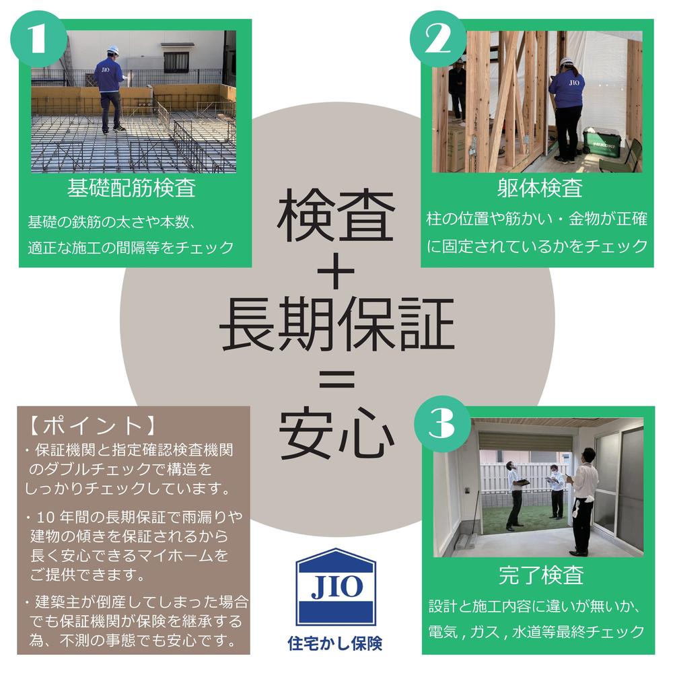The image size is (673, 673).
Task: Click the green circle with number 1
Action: click(x=38, y=39)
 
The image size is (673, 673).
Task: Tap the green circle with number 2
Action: click(x=438, y=39)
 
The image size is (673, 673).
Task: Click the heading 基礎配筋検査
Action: click(x=132, y=188)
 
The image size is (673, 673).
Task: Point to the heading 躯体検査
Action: click(x=540, y=188)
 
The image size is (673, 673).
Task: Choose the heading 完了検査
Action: click(x=541, y=575)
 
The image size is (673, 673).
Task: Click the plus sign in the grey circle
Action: click(x=336, y=271)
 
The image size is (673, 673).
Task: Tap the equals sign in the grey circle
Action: click(x=337, y=378)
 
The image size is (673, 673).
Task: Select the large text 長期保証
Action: click(x=336, y=324)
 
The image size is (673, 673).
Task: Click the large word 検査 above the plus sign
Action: click(x=336, y=215)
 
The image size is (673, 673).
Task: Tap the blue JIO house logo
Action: click(x=336, y=586)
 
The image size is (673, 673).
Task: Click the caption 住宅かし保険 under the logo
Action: click(x=335, y=643)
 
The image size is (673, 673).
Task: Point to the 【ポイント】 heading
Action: click(x=91, y=426)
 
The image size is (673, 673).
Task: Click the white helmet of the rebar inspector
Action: click(x=113, y=49)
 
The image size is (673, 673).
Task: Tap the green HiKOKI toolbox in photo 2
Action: click(x=602, y=142)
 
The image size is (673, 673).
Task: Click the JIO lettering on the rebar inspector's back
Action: click(x=106, y=69)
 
